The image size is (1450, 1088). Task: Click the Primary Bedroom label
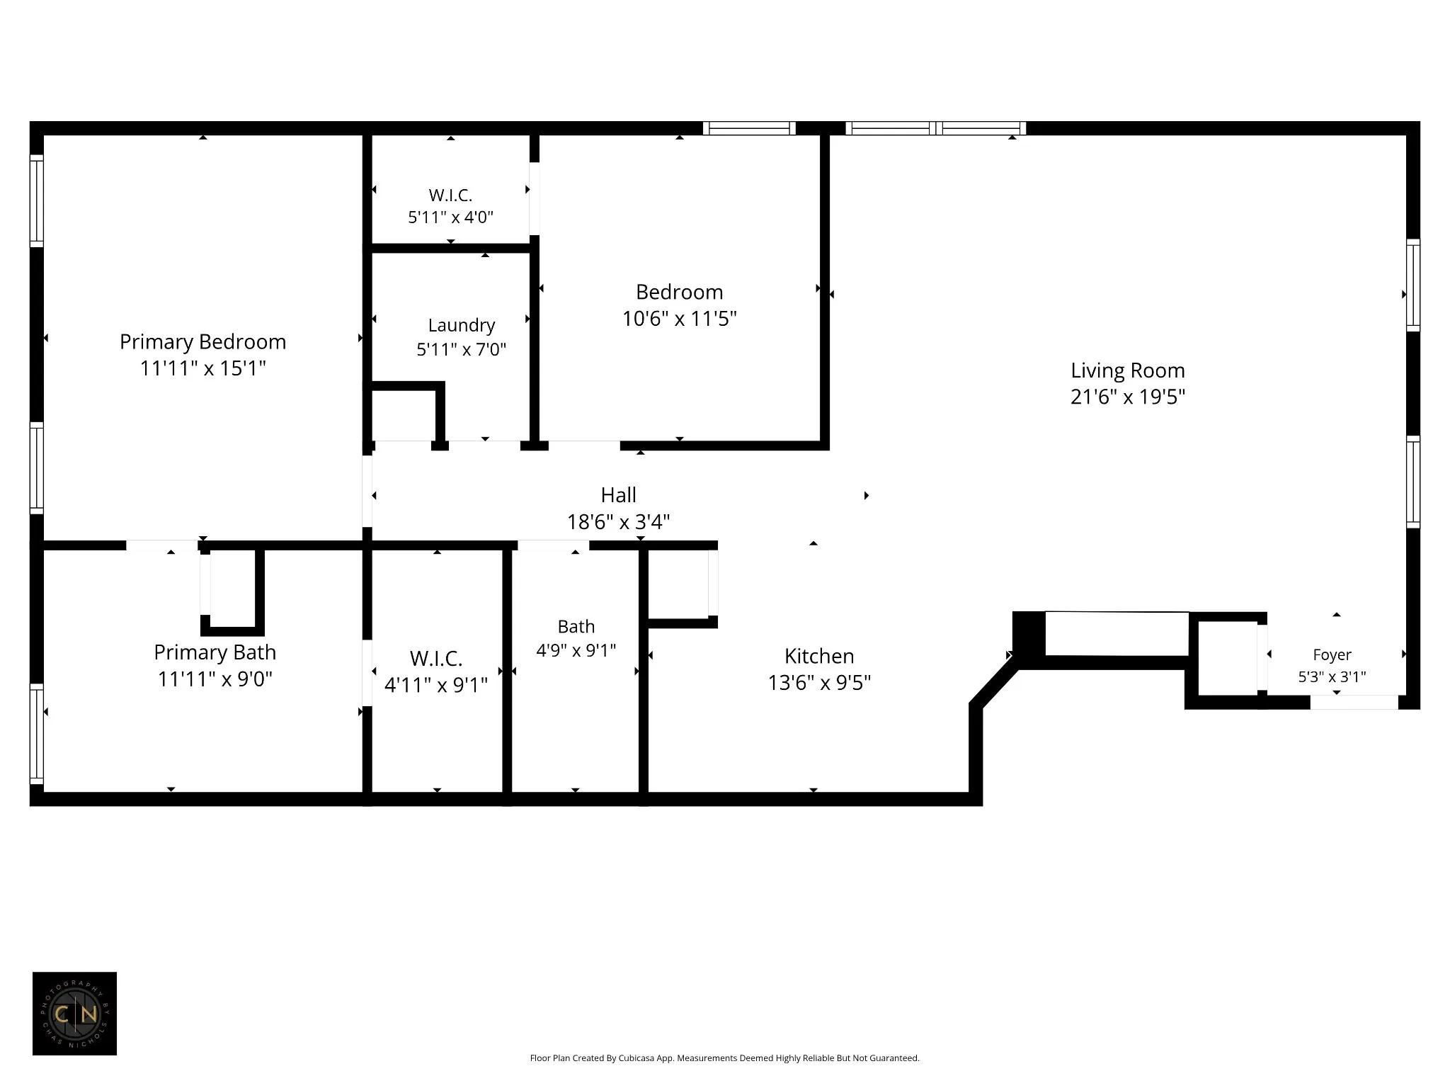click(x=202, y=342)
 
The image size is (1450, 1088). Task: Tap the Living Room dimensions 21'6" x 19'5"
click(x=1128, y=397)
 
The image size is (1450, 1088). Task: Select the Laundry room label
click(x=462, y=326)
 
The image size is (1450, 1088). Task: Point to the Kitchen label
click(x=819, y=656)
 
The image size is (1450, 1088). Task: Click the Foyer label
click(x=1332, y=655)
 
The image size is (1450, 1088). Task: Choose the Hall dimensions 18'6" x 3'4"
click(x=618, y=522)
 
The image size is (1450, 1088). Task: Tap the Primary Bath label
click(x=215, y=652)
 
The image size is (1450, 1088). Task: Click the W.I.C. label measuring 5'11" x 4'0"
click(x=450, y=195)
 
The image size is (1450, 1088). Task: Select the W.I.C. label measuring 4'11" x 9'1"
click(x=436, y=659)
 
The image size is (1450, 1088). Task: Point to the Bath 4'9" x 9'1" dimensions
click(x=576, y=650)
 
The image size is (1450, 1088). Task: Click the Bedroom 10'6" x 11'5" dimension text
click(x=680, y=319)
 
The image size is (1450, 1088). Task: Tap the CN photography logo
click(x=74, y=1014)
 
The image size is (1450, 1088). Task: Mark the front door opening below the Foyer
click(x=1354, y=702)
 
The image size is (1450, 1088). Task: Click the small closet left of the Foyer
click(x=1227, y=658)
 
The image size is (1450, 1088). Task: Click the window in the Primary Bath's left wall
click(x=36, y=733)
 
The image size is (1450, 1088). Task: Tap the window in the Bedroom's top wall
click(x=749, y=128)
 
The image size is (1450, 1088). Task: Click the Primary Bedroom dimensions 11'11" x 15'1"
click(x=202, y=368)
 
